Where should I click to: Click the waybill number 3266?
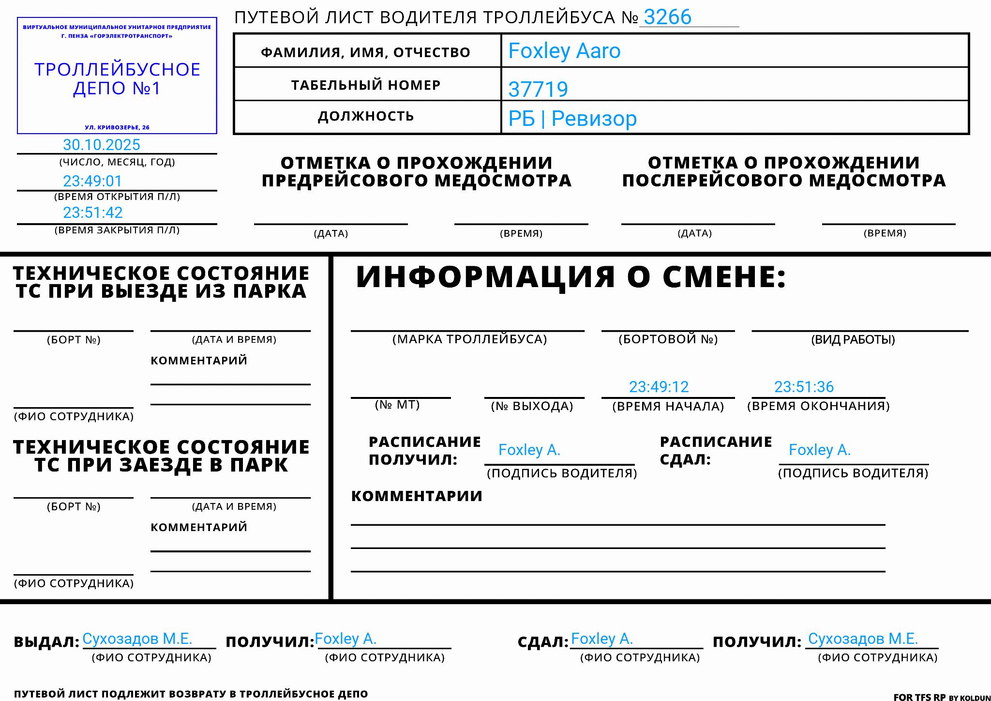pyautogui.click(x=667, y=17)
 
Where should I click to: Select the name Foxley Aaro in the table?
pyautogui.click(x=564, y=51)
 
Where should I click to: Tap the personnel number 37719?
pyautogui.click(x=538, y=90)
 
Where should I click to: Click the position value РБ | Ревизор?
pyautogui.click(x=572, y=119)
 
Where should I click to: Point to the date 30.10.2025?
pyautogui.click(x=102, y=145)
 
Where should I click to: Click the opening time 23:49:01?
pyautogui.click(x=92, y=181)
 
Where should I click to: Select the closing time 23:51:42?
pyautogui.click(x=93, y=213)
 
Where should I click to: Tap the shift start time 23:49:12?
pyautogui.click(x=659, y=387)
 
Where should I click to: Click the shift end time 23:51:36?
pyautogui.click(x=804, y=387)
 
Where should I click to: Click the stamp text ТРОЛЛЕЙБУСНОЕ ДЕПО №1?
pyautogui.click(x=117, y=79)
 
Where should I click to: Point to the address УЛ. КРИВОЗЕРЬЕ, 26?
pyautogui.click(x=117, y=127)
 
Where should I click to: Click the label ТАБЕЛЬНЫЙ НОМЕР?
pyautogui.click(x=366, y=85)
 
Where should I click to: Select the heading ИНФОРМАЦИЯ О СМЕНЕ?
pyautogui.click(x=571, y=277)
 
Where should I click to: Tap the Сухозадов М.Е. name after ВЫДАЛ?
pyautogui.click(x=137, y=639)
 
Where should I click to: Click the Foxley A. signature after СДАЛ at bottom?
pyautogui.click(x=601, y=639)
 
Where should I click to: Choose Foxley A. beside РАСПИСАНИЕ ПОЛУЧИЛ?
pyautogui.click(x=529, y=450)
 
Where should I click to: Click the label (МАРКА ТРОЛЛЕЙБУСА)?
pyautogui.click(x=469, y=339)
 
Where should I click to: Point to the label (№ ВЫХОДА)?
pyautogui.click(x=532, y=406)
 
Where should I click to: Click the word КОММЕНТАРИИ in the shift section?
pyautogui.click(x=417, y=496)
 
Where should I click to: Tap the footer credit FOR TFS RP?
pyautogui.click(x=919, y=697)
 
